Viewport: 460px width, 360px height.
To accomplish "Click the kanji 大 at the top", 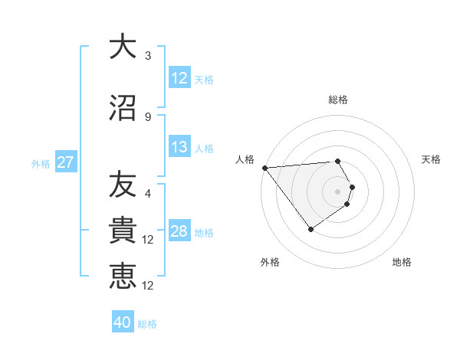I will (123, 47).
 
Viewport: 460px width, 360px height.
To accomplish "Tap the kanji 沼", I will (123, 107).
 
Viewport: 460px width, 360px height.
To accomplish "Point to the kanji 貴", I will (123, 231).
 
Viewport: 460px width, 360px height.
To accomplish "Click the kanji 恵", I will (123, 276).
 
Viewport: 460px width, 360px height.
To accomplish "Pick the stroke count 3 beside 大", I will (148, 56).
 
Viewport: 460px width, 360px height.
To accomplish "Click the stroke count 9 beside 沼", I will (148, 116).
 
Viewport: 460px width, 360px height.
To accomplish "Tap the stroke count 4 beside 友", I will (148, 194).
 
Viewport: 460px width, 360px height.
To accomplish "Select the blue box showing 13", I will (179, 147).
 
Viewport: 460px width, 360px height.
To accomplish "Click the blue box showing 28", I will (179, 231).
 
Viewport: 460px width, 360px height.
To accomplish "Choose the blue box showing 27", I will (65, 162).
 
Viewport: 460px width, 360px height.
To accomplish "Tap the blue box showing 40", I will (123, 322).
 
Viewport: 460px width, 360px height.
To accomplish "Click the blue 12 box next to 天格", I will (179, 78).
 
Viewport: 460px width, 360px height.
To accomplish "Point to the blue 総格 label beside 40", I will (147, 324).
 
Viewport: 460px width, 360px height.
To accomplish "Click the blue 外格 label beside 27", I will (41, 163).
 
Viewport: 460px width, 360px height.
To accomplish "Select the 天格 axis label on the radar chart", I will (432, 159).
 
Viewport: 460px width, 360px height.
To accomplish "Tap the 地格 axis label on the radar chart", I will (402, 262).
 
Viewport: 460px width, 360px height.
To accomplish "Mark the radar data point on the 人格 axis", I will (264, 168).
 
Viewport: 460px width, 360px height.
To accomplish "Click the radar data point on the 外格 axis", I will (310, 228).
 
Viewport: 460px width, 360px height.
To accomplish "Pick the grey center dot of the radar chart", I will (337, 191).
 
